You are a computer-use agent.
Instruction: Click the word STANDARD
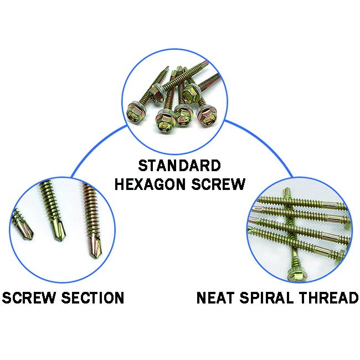pos(179,166)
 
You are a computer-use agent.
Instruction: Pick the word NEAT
pos(217,297)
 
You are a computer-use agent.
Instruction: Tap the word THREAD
pos(329,297)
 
